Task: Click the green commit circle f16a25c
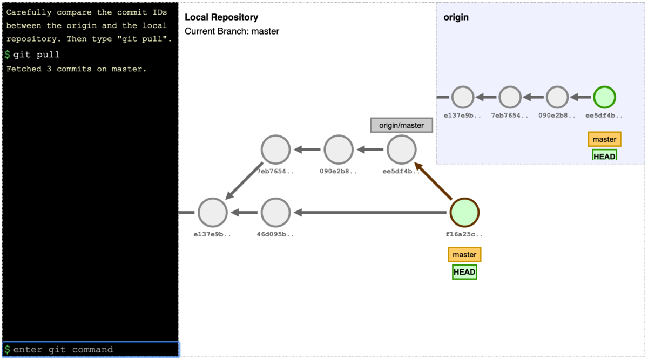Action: coord(464,213)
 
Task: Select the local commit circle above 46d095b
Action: coord(275,150)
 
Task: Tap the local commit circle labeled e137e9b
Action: coord(212,213)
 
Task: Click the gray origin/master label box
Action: coord(401,125)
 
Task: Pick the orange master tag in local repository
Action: coord(464,255)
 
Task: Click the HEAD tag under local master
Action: coord(464,272)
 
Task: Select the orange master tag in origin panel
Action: coord(604,139)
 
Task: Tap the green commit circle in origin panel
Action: coord(604,98)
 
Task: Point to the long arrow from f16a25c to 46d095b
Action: coord(373,213)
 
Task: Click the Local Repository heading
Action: coord(221,18)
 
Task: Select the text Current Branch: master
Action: coord(232,31)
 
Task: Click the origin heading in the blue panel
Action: coord(456,17)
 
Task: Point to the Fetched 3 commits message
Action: coord(76,69)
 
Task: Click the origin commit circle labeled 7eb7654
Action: coord(510,98)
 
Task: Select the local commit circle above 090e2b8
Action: coord(339,150)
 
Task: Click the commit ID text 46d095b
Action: coord(275,234)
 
